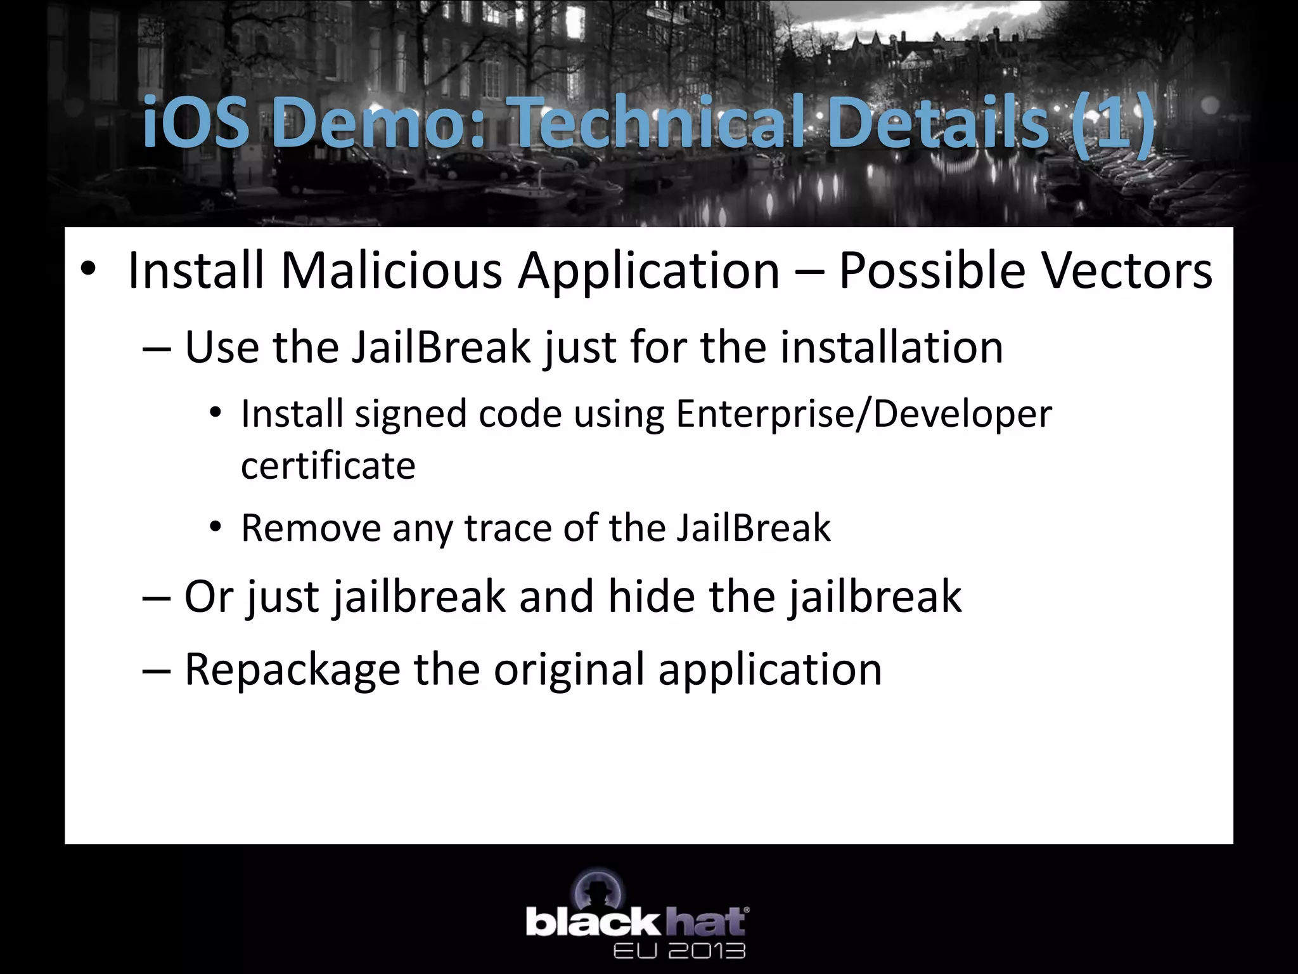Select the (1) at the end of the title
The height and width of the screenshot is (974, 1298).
click(x=1113, y=122)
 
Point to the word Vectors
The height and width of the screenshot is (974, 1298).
click(x=1128, y=271)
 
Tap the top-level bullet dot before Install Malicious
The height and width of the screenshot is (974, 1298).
click(x=88, y=271)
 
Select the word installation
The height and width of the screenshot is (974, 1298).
click(x=892, y=347)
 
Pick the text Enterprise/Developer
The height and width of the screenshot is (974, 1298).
click(x=864, y=415)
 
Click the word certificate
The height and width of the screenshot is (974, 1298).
click(x=328, y=466)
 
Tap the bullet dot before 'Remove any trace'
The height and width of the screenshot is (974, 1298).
click(x=216, y=528)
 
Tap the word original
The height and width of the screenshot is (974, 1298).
click(x=569, y=670)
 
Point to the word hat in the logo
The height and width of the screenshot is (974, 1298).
click(x=706, y=921)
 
